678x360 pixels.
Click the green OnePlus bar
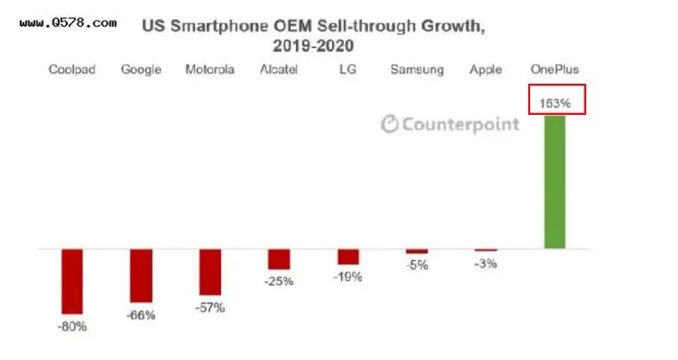[554, 182]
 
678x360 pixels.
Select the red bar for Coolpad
[71, 281]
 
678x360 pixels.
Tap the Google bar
[142, 275]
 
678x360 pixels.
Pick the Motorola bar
[210, 272]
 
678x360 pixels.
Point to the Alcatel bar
[279, 259]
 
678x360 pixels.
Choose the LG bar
[348, 257]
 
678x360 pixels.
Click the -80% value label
[71, 326]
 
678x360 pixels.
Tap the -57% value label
[210, 308]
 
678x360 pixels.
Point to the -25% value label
[279, 282]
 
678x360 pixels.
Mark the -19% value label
[348, 276]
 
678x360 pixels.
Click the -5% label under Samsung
[416, 265]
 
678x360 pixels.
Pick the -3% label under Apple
[486, 263]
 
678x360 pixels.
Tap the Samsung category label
[417, 70]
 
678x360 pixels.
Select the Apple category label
[486, 70]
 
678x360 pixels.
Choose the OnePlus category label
[555, 70]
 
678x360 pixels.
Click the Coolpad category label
[72, 70]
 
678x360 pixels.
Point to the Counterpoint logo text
[450, 124]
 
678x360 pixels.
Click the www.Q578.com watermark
[68, 21]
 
